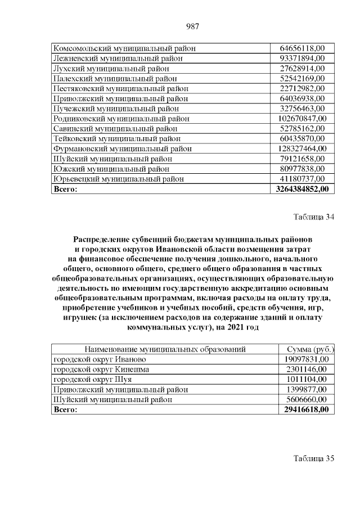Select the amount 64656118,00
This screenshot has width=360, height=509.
coord(303,48)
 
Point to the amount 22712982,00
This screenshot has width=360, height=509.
coord(303,88)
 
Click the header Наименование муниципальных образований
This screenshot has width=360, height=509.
coord(165,349)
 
